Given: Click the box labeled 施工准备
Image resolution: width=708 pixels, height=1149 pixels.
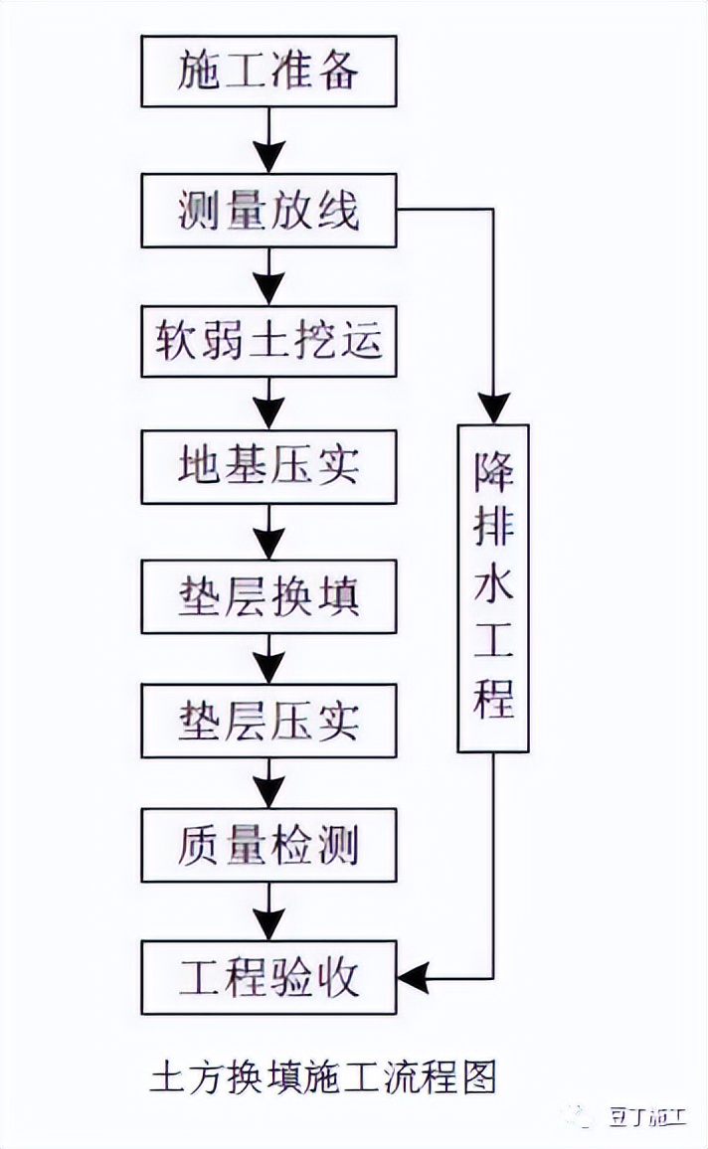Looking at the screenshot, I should tap(268, 72).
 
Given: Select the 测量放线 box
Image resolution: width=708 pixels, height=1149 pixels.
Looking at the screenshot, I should tap(268, 211).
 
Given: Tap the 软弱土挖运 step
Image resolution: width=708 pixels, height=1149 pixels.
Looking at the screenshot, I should tap(268, 341).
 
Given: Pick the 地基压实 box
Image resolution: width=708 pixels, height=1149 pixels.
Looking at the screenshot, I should tap(268, 466).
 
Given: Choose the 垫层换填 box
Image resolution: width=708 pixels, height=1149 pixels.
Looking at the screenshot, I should tap(268, 597).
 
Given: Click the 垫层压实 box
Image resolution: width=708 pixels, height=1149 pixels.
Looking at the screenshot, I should tap(268, 720).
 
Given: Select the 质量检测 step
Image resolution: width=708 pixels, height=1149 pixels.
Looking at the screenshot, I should tap(268, 845).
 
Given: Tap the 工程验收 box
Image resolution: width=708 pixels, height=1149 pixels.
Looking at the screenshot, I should tap(268, 978).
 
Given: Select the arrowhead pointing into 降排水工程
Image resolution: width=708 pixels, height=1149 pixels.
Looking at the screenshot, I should tap(493, 408).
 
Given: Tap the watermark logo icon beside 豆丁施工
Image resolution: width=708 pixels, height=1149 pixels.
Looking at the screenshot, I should tap(580, 1116).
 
